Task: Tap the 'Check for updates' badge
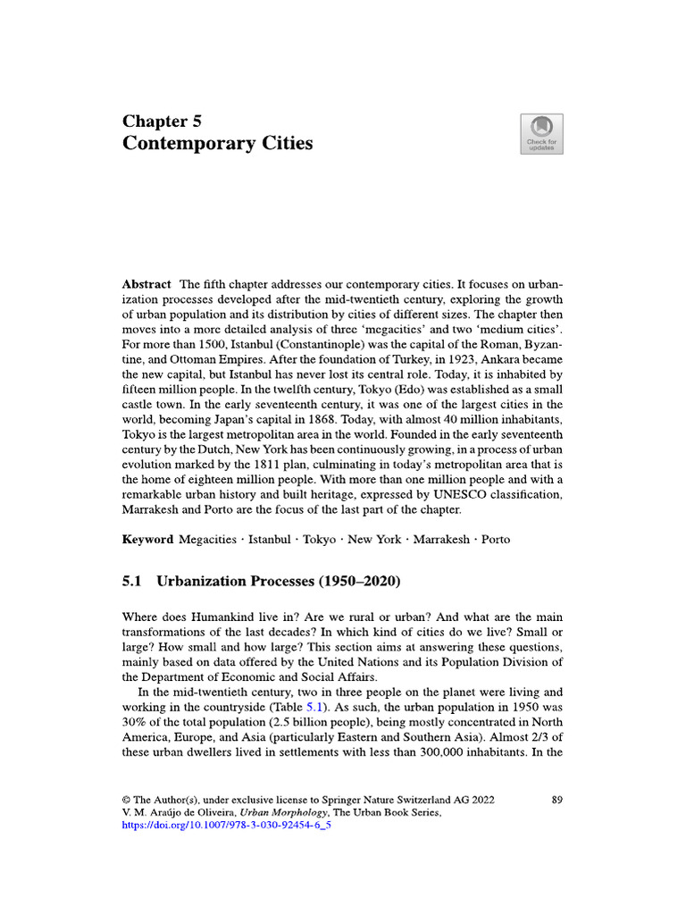(x=541, y=134)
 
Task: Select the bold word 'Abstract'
(x=146, y=284)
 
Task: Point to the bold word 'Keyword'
(x=147, y=540)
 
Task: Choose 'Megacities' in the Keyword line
(x=207, y=540)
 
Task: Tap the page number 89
(x=556, y=800)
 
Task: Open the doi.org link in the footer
(x=226, y=827)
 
